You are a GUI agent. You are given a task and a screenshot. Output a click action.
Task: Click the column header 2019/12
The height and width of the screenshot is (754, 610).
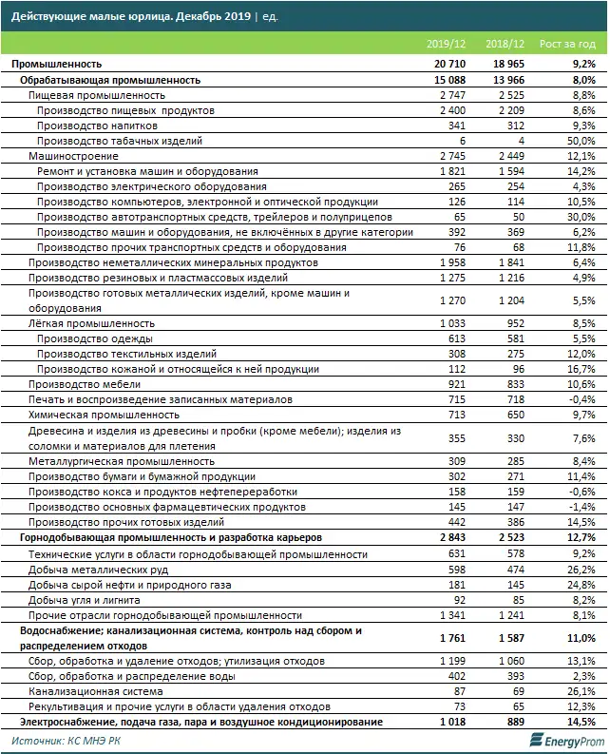[x=446, y=45]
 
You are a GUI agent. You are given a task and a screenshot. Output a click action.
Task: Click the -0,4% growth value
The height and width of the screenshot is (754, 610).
[x=581, y=399]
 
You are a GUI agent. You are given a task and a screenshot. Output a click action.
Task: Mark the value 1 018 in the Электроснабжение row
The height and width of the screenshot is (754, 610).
[x=451, y=723]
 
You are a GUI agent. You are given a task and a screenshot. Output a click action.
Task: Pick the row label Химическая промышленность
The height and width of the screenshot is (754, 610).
[x=90, y=415]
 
